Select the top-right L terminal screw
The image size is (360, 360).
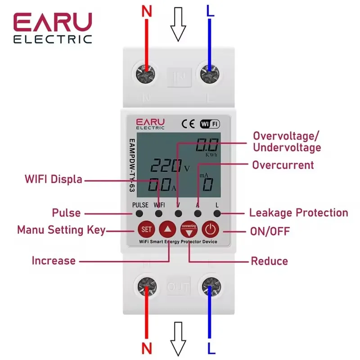pos(210,74)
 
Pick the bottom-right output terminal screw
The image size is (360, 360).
pos(210,286)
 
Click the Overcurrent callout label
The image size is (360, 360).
pos(283,165)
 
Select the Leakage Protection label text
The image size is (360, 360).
pos(298,213)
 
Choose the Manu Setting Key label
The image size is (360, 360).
pos(61,230)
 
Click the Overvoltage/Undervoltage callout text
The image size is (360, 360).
pos(287,142)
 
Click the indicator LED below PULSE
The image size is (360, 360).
pos(139,214)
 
